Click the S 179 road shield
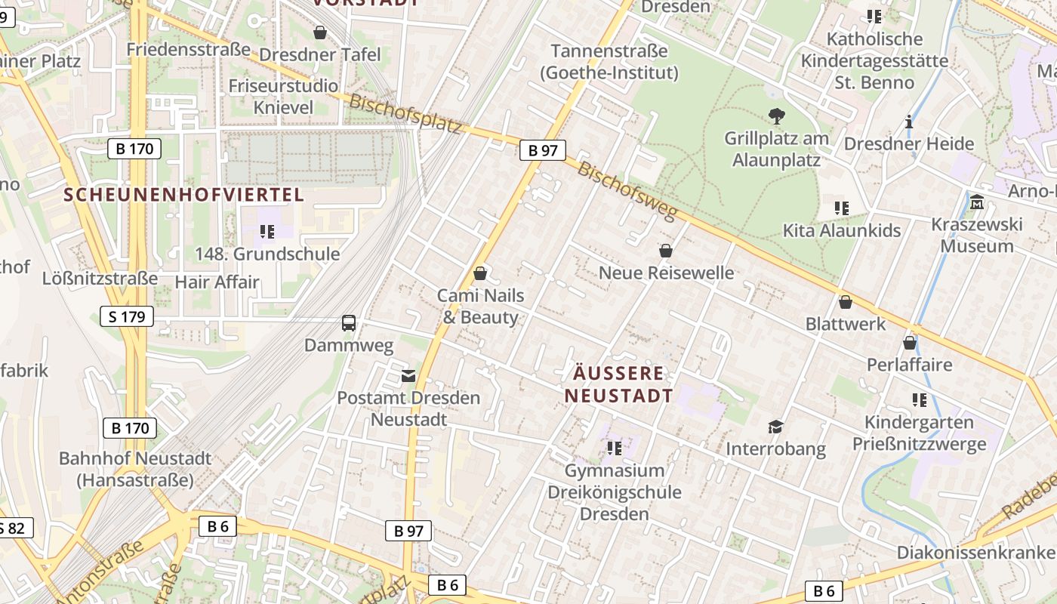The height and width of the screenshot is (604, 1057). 127,316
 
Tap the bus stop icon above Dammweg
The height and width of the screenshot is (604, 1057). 349,323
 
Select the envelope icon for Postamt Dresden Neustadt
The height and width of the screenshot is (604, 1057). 408,375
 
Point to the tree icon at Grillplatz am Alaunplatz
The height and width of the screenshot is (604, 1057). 776,116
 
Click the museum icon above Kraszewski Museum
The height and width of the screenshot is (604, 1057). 977,202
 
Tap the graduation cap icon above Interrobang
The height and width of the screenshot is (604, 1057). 775,427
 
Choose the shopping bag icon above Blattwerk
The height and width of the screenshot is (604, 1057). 845,302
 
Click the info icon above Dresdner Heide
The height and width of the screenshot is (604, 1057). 909,122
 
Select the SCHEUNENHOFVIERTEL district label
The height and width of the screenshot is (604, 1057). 183,195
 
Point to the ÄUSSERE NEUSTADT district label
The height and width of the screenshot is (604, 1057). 618,384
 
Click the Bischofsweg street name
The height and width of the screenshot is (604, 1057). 627,191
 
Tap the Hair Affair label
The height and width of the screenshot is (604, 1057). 217,282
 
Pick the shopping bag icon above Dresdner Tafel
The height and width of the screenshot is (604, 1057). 320,32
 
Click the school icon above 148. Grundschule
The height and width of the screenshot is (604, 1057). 267,231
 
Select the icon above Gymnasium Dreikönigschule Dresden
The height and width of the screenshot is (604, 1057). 615,448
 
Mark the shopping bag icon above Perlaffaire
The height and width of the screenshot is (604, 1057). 910,343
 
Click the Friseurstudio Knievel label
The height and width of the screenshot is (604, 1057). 283,96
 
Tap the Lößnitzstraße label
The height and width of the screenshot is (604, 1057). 100,278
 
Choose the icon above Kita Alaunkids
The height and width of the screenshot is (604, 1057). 842,208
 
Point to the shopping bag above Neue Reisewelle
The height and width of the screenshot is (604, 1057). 666,251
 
